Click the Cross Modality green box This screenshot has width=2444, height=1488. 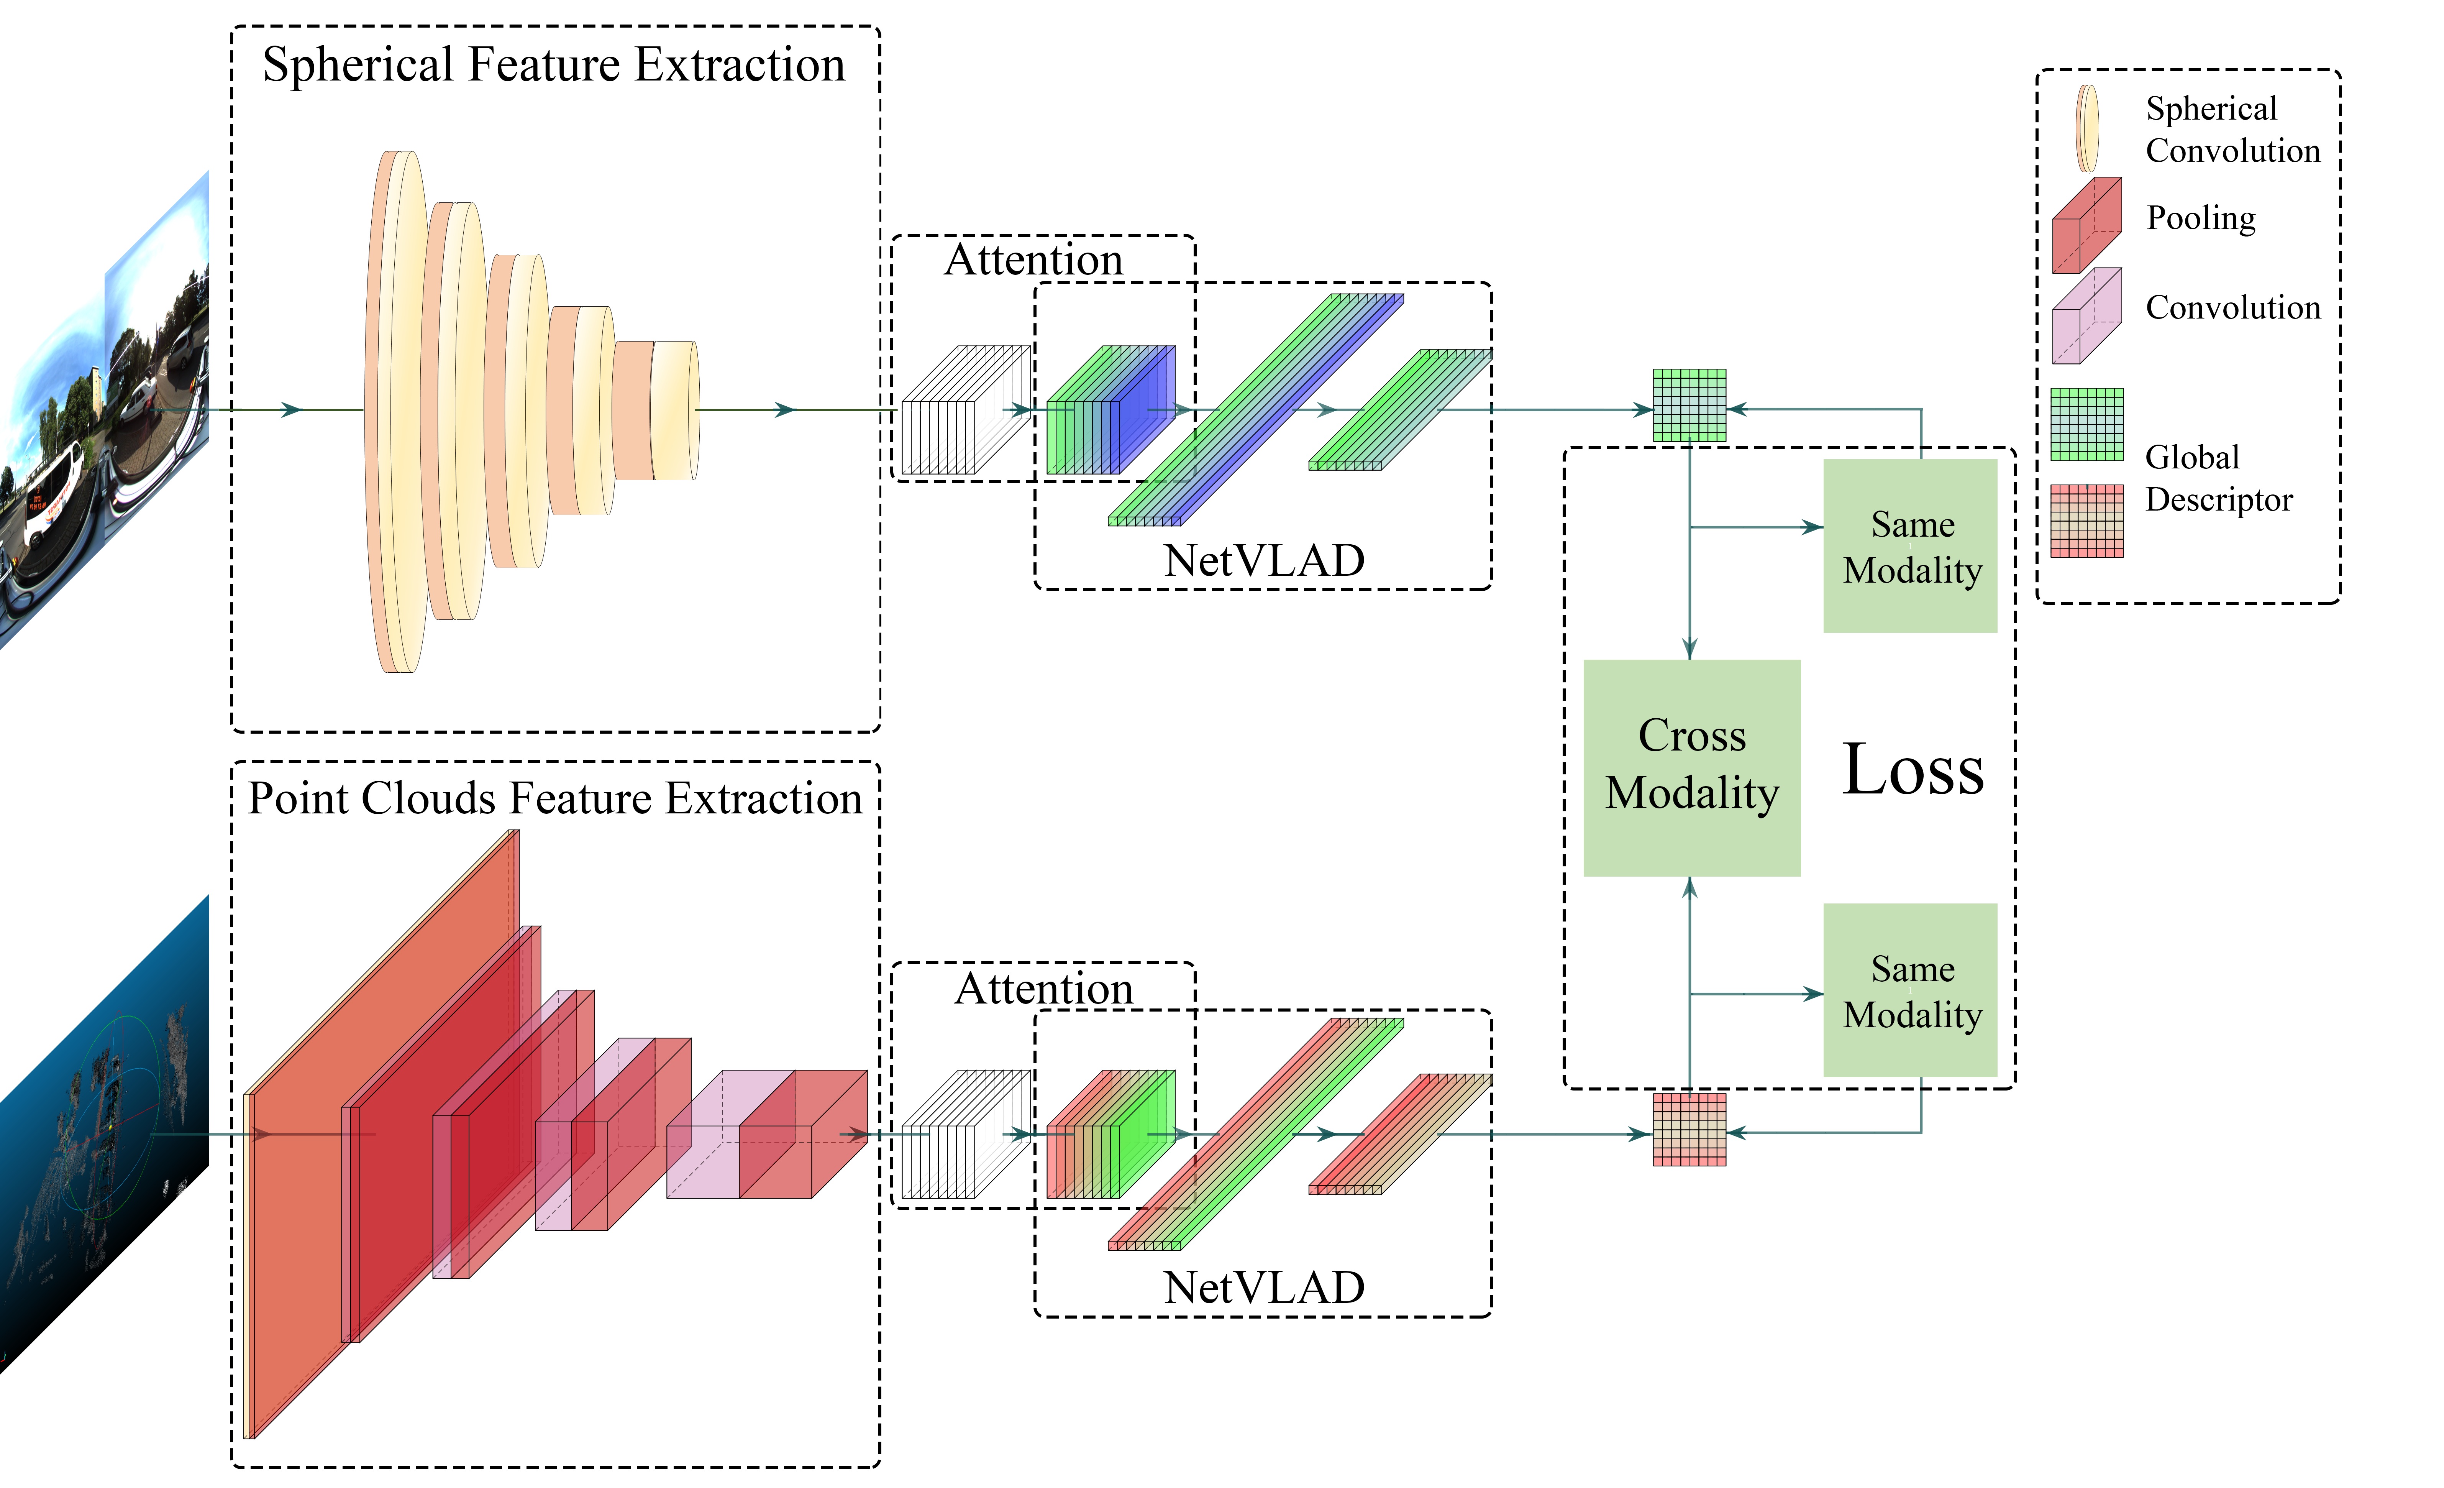(1691, 767)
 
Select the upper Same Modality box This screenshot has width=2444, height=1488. (1909, 545)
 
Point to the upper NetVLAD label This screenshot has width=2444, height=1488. (1264, 560)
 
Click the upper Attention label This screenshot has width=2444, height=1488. (1033, 260)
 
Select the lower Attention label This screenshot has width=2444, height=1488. (1043, 988)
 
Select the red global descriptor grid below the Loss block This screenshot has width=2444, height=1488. (1689, 1129)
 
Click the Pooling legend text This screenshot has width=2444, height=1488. (2200, 217)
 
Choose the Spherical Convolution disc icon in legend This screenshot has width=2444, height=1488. (2087, 129)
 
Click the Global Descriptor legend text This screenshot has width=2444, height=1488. (2218, 478)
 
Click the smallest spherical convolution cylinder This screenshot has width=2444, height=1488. (674, 411)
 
